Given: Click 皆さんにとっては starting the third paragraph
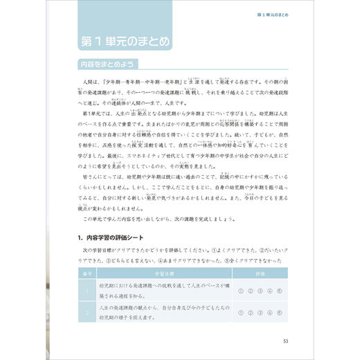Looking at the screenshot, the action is click(102, 177).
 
